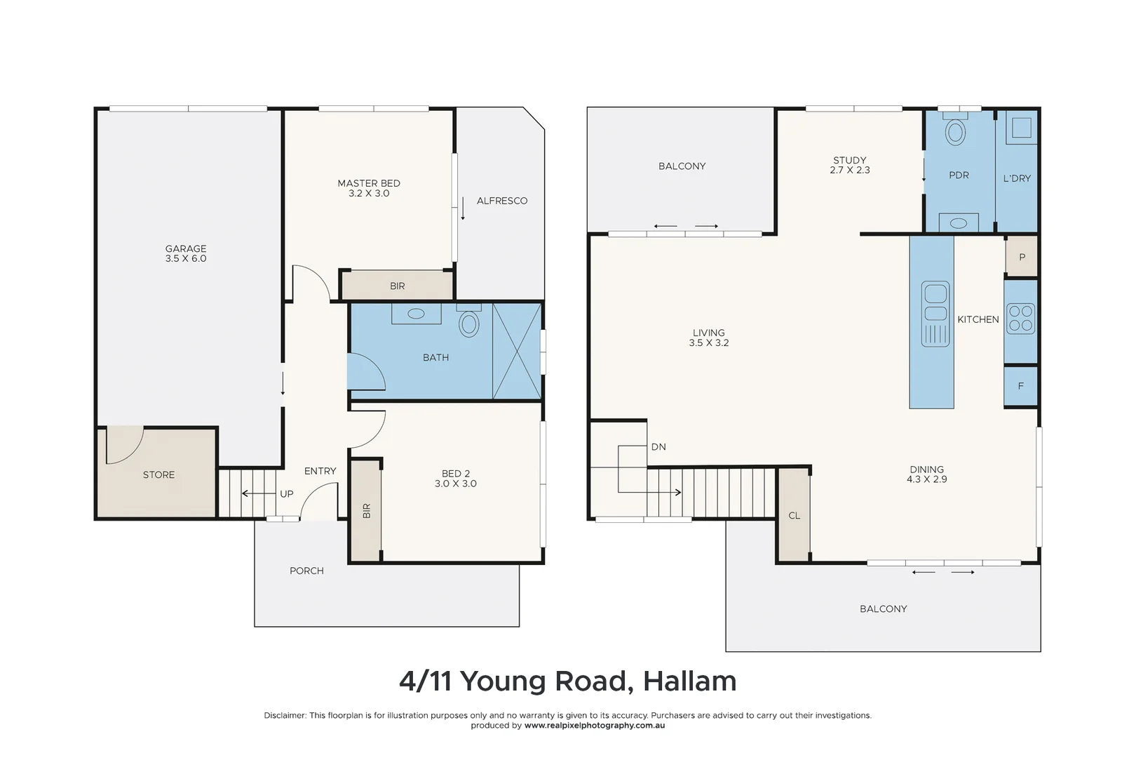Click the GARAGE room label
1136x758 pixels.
pyautogui.click(x=186, y=248)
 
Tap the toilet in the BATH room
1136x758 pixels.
pyautogui.click(x=469, y=323)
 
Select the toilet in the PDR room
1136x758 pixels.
pyautogui.click(x=955, y=131)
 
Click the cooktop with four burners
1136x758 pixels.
pyautogui.click(x=1020, y=318)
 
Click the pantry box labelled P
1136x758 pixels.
pyautogui.click(x=1022, y=257)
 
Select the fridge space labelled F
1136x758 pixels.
pyautogui.click(x=1020, y=386)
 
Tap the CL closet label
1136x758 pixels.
pyautogui.click(x=794, y=515)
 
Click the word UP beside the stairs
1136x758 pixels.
pyautogui.click(x=286, y=494)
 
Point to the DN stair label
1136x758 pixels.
pyautogui.click(x=658, y=446)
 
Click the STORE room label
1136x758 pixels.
pyautogui.click(x=158, y=475)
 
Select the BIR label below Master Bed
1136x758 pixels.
pyautogui.click(x=397, y=286)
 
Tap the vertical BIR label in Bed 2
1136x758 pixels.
pyautogui.click(x=366, y=510)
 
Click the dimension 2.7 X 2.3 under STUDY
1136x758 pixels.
pyautogui.click(x=849, y=171)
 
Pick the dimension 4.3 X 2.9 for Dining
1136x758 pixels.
pyautogui.click(x=926, y=479)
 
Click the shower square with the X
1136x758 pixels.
pyautogui.click(x=517, y=351)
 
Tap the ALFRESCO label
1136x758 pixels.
pyautogui.click(x=501, y=201)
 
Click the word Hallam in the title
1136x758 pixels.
pyautogui.click(x=689, y=681)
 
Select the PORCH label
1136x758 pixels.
pyautogui.click(x=306, y=571)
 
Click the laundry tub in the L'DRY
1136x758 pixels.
pyautogui.click(x=1021, y=128)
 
